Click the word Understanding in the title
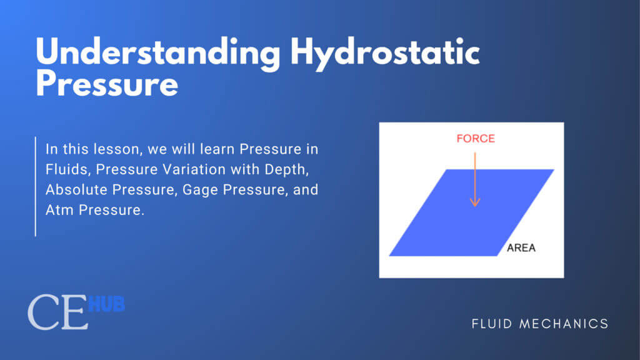[x=158, y=53]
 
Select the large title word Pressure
[x=107, y=84]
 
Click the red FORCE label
[x=476, y=139]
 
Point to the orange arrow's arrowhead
[x=475, y=202]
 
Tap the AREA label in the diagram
[x=521, y=247]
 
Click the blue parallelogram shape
[x=471, y=212]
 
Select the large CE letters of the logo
[x=58, y=312]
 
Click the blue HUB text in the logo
[x=106, y=304]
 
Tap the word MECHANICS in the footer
[x=564, y=324]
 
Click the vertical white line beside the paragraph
[x=36, y=186]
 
